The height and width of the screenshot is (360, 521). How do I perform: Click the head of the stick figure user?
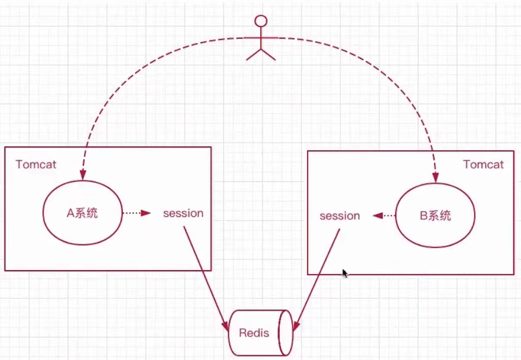click(x=260, y=21)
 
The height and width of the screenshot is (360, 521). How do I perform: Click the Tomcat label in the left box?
click(x=36, y=164)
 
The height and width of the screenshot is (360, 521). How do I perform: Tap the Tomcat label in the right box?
click(x=483, y=164)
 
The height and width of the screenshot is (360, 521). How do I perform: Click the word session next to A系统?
click(x=183, y=213)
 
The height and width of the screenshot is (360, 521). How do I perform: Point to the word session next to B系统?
click(x=339, y=216)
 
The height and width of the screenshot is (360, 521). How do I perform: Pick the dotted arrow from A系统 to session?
click(x=136, y=213)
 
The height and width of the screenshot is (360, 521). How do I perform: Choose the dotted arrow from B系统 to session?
click(x=384, y=216)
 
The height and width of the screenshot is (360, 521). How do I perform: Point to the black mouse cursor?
click(x=344, y=273)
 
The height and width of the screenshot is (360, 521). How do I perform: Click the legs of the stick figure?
click(x=260, y=54)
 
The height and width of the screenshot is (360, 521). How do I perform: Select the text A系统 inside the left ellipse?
click(x=82, y=213)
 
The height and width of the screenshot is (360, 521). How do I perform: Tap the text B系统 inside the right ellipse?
click(x=435, y=216)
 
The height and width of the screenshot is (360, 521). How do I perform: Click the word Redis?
click(x=253, y=333)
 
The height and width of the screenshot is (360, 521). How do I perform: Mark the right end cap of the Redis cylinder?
click(x=285, y=332)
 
